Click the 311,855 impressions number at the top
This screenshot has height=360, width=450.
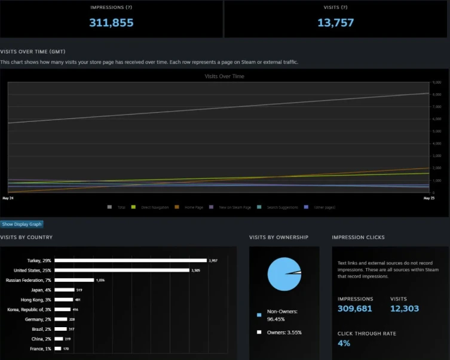click(x=111, y=23)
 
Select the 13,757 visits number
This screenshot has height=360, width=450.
click(x=336, y=23)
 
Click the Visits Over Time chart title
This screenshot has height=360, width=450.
click(x=224, y=76)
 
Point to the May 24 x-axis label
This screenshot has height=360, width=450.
click(x=8, y=197)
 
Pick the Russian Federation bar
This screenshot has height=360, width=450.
click(x=74, y=280)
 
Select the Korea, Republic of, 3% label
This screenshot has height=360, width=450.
click(x=27, y=309)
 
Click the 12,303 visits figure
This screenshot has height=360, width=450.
click(x=405, y=309)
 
